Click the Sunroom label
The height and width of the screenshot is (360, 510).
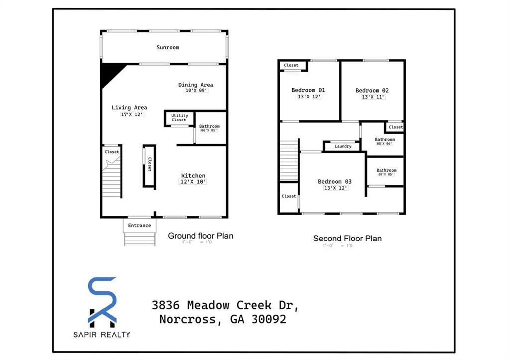click(x=168, y=47)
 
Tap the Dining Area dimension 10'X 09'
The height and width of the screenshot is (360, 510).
click(x=196, y=91)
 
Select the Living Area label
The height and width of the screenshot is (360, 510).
click(x=129, y=107)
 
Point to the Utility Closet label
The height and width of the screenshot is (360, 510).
click(x=179, y=118)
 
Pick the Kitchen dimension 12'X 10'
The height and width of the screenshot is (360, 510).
click(x=193, y=182)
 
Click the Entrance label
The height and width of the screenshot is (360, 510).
click(x=139, y=225)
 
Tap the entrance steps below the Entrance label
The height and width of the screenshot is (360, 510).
click(x=139, y=239)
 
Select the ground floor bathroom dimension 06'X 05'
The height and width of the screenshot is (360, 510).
click(x=209, y=131)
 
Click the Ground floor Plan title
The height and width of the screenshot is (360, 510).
click(x=200, y=236)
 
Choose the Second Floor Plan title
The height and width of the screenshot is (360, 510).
click(x=347, y=239)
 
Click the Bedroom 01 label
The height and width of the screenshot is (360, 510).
click(x=308, y=90)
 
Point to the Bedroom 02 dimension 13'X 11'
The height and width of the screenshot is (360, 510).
click(x=373, y=97)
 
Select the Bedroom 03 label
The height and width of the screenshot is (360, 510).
click(x=335, y=181)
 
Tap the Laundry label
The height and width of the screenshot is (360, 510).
click(x=343, y=146)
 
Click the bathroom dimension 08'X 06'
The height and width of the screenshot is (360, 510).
click(x=384, y=144)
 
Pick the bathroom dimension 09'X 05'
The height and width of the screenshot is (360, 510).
click(x=386, y=174)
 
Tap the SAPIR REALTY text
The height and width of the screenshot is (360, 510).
click(x=102, y=334)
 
